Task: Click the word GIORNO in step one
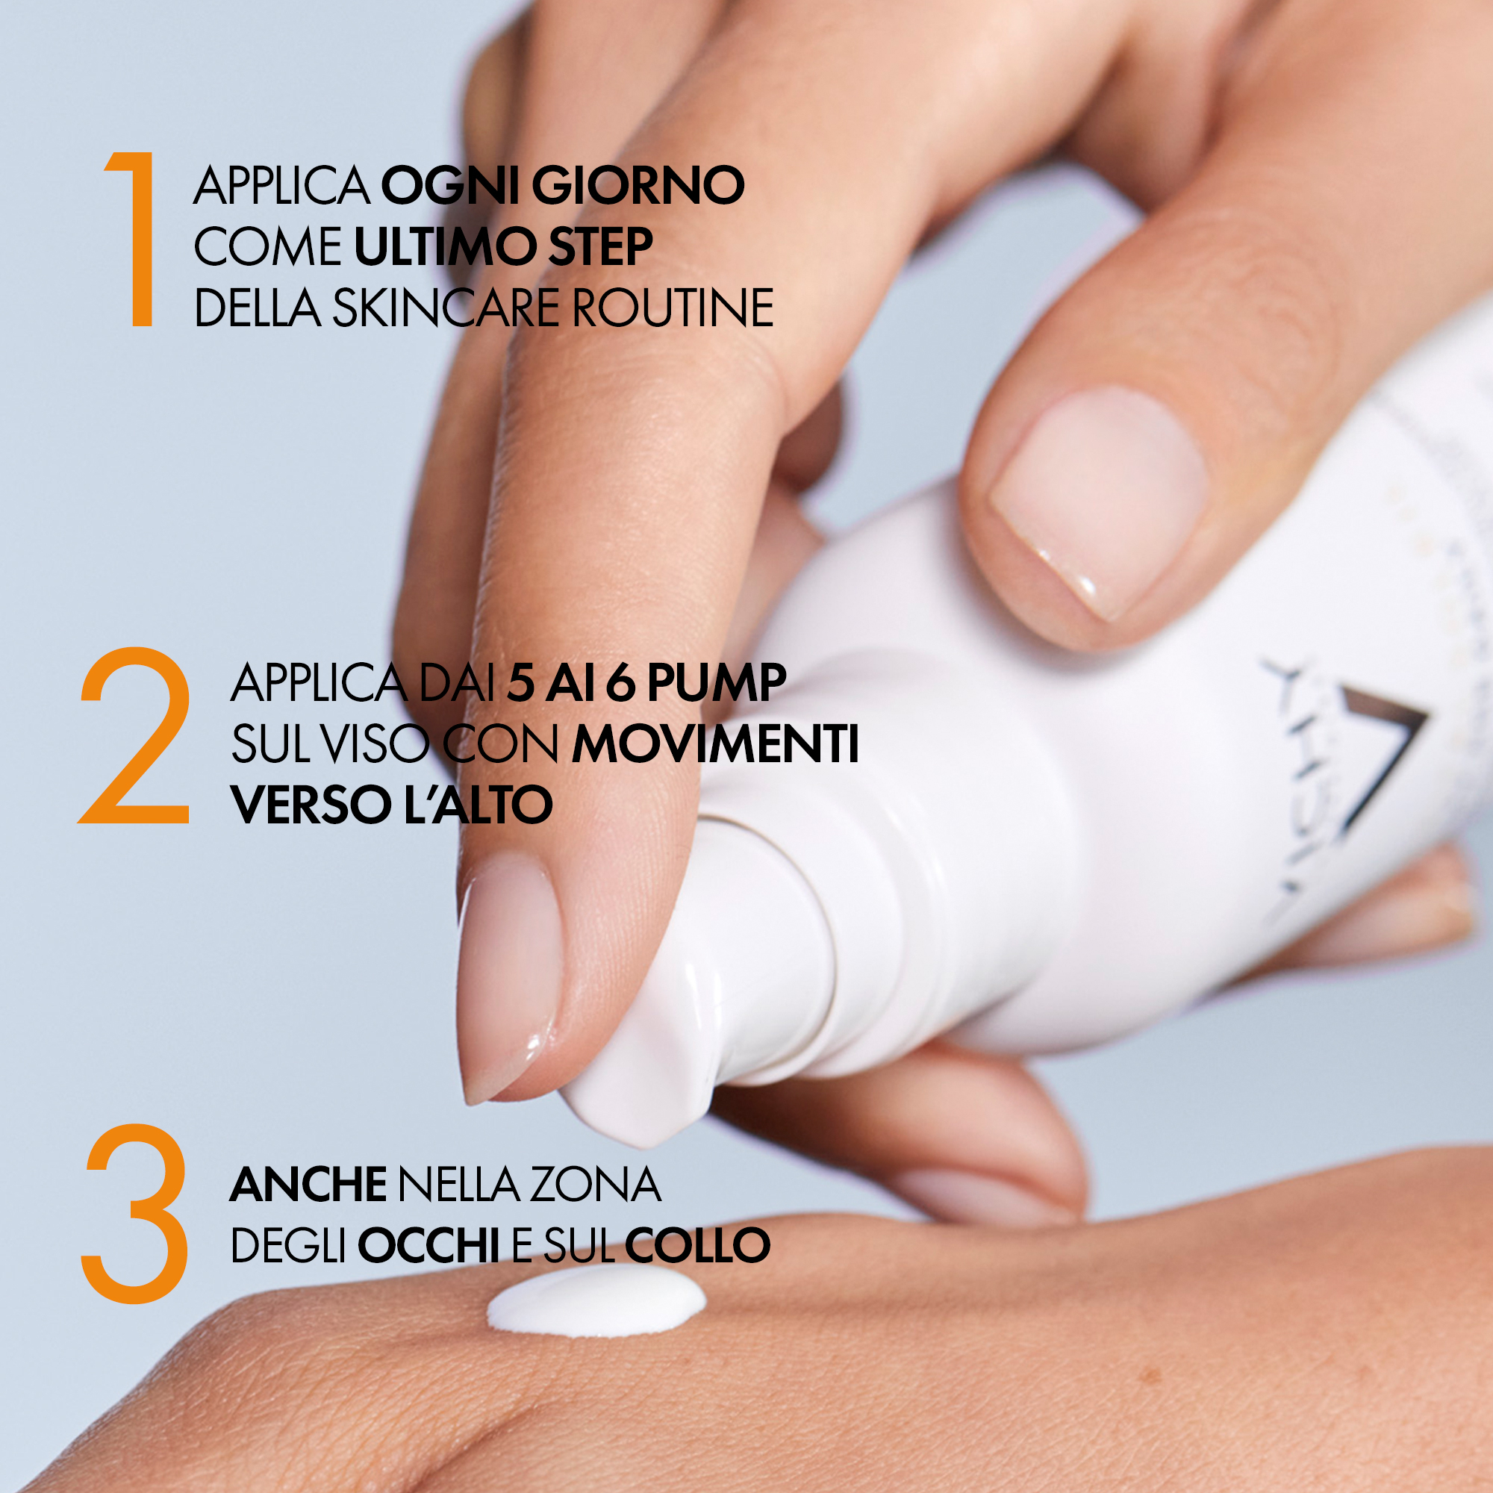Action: click(x=638, y=185)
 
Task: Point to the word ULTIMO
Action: click(x=444, y=246)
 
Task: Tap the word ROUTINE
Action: click(x=673, y=308)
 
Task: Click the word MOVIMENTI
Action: click(x=715, y=744)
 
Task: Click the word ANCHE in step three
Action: click(x=308, y=1185)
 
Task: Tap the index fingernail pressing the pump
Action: click(x=510, y=973)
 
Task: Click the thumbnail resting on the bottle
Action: click(x=1097, y=502)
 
